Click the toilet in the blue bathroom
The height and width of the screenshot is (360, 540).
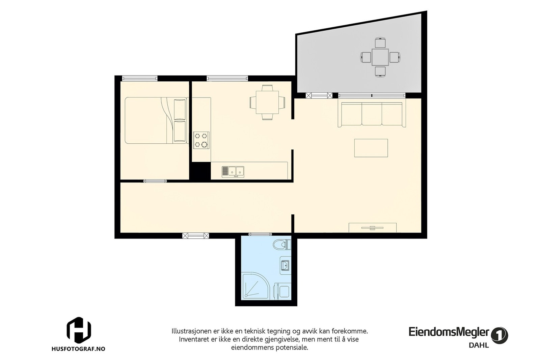pyautogui.click(x=281, y=244)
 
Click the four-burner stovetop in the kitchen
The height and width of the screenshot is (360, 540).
pyautogui.click(x=201, y=140)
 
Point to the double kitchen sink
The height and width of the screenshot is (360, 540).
pyautogui.click(x=233, y=171)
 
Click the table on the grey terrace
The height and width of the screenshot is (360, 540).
pyautogui.click(x=380, y=57)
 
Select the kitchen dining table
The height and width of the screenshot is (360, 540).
pyautogui.click(x=267, y=102)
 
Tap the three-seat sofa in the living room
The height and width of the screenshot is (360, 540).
pyautogui.click(x=372, y=114)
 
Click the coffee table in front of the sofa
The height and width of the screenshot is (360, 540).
pyautogui.click(x=371, y=148)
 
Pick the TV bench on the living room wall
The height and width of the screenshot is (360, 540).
pyautogui.click(x=372, y=227)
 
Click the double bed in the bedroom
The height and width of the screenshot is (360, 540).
pyautogui.click(x=156, y=120)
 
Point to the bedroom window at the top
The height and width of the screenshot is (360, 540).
pyautogui.click(x=140, y=78)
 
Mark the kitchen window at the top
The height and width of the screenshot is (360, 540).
pyautogui.click(x=227, y=78)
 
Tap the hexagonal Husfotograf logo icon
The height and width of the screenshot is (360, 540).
pyautogui.click(x=79, y=329)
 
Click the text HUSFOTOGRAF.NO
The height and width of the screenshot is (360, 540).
pyautogui.click(x=78, y=349)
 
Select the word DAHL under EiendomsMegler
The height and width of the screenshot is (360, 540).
pyautogui.click(x=479, y=345)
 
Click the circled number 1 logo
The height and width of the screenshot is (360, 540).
pyautogui.click(x=500, y=335)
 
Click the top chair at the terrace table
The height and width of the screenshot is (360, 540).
pyautogui.click(x=380, y=43)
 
